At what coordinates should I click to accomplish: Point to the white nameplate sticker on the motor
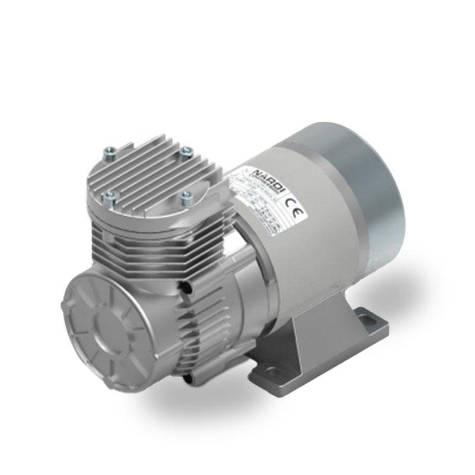(x=267, y=199)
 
